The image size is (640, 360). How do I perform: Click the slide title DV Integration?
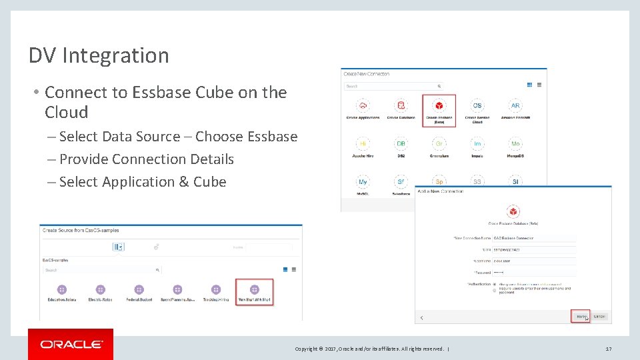(99, 55)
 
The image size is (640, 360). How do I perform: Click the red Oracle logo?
(71, 344)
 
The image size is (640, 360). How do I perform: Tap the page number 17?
(608, 349)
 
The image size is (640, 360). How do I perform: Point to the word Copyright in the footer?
(308, 349)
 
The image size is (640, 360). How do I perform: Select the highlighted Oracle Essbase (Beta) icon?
(439, 106)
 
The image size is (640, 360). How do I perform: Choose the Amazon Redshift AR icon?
(515, 106)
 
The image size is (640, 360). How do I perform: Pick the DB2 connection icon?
(401, 144)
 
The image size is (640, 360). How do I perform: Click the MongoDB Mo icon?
(515, 144)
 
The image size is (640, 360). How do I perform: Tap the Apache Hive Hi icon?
(363, 144)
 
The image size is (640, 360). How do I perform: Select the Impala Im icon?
(477, 144)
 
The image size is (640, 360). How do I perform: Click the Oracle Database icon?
(401, 106)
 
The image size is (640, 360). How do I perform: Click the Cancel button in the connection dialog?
(599, 316)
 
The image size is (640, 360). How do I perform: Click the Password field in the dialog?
(533, 272)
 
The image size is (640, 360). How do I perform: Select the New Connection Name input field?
(533, 237)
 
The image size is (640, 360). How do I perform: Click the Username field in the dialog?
(533, 261)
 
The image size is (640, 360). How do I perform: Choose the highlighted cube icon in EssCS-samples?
(254, 290)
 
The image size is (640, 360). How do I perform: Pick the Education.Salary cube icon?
(61, 290)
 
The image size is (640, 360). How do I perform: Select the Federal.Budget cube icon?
(139, 290)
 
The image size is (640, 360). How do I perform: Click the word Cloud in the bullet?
(66, 112)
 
